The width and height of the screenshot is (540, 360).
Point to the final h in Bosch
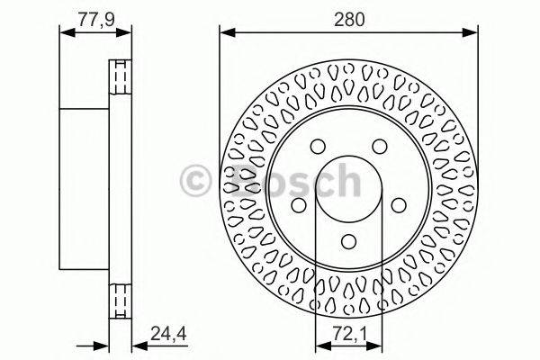click(x=342, y=182)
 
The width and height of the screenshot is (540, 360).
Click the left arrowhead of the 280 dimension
click(x=226, y=34)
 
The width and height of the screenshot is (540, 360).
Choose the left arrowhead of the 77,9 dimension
click(x=64, y=34)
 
